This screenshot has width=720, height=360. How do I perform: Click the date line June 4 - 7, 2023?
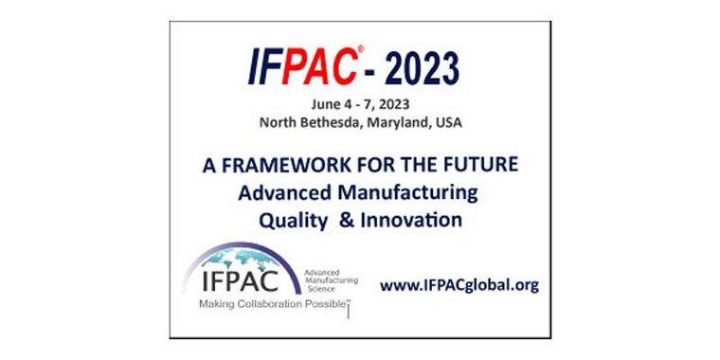pyautogui.click(x=360, y=104)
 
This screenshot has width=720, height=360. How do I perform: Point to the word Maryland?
pyautogui.click(x=412, y=122)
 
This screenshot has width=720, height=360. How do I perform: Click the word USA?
pyautogui.click(x=463, y=122)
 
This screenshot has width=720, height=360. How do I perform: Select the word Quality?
pyautogui.click(x=291, y=220)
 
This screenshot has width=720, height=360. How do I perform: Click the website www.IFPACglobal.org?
pyautogui.click(x=459, y=283)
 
